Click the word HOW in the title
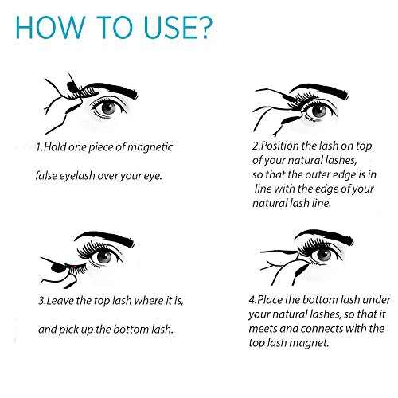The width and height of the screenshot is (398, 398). click(x=50, y=27)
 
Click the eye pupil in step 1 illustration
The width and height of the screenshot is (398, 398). click(x=108, y=108)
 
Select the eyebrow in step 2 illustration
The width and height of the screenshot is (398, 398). click(x=321, y=90)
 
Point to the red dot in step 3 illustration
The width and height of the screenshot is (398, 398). click(x=75, y=266)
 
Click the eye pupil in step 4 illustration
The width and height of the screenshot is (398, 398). click(x=324, y=255)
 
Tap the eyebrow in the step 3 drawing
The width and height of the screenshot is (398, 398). click(x=106, y=238)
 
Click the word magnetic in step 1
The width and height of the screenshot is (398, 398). click(x=150, y=147)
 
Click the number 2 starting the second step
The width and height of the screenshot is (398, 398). click(x=256, y=146)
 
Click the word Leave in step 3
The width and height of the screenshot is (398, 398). click(x=60, y=301)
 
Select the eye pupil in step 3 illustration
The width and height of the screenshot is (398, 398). click(x=104, y=256)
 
